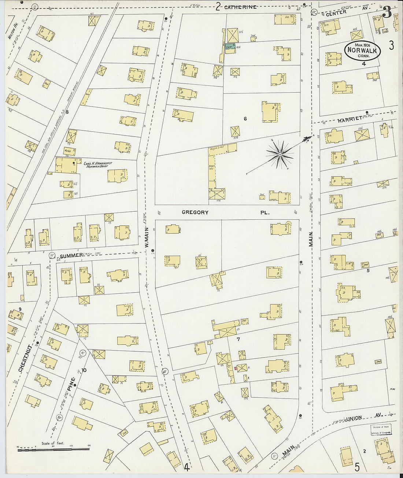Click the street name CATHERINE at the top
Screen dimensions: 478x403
click(x=240, y=7)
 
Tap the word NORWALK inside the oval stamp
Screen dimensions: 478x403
click(x=362, y=50)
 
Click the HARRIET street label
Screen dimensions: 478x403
click(x=350, y=119)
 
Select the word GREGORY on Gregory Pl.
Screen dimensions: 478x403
click(x=195, y=212)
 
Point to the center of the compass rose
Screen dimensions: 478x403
click(x=280, y=155)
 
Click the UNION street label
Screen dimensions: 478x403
click(x=354, y=418)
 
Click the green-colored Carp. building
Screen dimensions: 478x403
click(x=230, y=47)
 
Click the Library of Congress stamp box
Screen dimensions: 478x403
click(x=382, y=430)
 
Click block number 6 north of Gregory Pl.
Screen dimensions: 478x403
click(x=245, y=118)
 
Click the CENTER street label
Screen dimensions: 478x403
click(x=336, y=12)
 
